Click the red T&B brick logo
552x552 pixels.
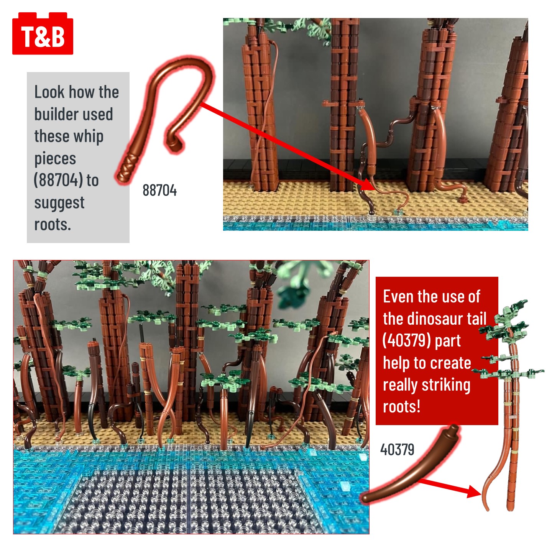click(x=43, y=33)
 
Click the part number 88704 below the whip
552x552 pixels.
click(x=159, y=191)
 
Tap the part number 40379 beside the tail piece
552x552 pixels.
click(x=397, y=449)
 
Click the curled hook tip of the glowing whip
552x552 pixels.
click(x=175, y=143)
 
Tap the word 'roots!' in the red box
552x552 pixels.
click(x=402, y=407)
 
